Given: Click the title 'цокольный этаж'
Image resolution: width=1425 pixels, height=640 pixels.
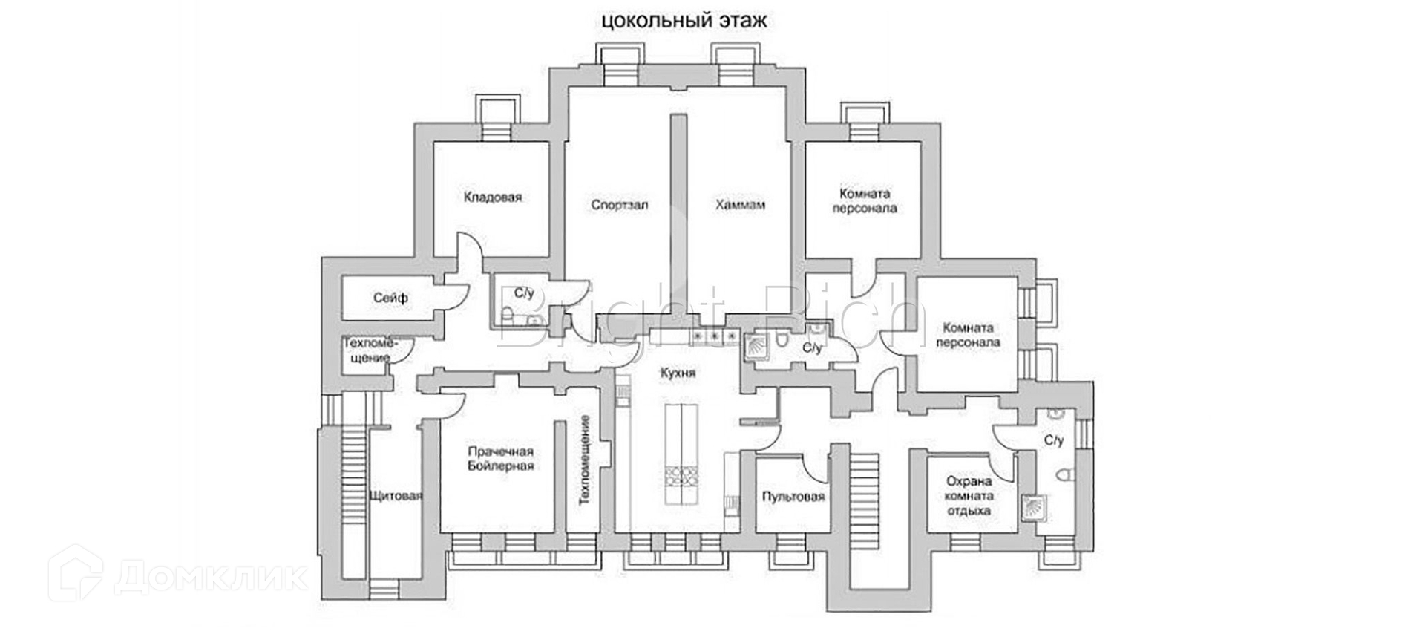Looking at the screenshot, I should (684, 21).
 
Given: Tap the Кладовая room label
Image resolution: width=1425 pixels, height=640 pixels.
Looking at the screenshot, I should (493, 197).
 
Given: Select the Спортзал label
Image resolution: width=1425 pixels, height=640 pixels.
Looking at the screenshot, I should (620, 204).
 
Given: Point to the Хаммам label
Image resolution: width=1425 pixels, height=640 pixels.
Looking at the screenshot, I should (740, 204).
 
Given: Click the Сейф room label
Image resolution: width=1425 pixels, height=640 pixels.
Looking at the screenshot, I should (390, 298).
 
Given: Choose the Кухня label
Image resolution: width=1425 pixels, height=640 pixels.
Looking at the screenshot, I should (678, 373).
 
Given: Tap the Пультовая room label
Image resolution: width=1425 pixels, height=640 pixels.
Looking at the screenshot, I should (793, 497).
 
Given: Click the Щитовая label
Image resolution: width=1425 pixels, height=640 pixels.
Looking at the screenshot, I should (396, 496).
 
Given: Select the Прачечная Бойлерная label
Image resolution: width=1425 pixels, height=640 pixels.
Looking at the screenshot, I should (501, 459).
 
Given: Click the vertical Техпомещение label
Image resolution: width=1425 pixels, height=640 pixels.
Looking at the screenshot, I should (585, 460).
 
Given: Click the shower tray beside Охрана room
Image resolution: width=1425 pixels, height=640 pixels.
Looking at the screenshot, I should (1032, 507).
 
